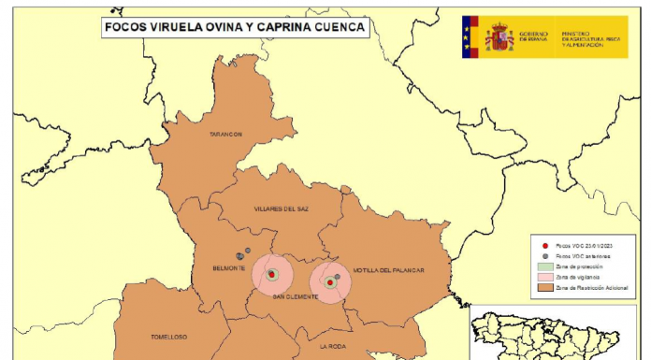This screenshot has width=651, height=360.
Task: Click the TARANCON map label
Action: (x=225, y=134)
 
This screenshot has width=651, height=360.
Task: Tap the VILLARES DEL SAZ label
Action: (x=281, y=208)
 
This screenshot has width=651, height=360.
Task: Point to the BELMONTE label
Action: (x=228, y=268)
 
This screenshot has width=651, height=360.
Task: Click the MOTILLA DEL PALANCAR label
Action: (x=388, y=270)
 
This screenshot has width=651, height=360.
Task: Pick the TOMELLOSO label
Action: (x=168, y=337)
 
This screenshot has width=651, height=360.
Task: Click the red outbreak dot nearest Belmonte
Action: (x=272, y=275)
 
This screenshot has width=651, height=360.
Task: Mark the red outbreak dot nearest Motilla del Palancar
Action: (x=329, y=281)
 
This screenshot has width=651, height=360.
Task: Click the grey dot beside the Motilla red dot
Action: (x=337, y=277)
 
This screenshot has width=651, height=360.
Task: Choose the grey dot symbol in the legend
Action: (x=543, y=255)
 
